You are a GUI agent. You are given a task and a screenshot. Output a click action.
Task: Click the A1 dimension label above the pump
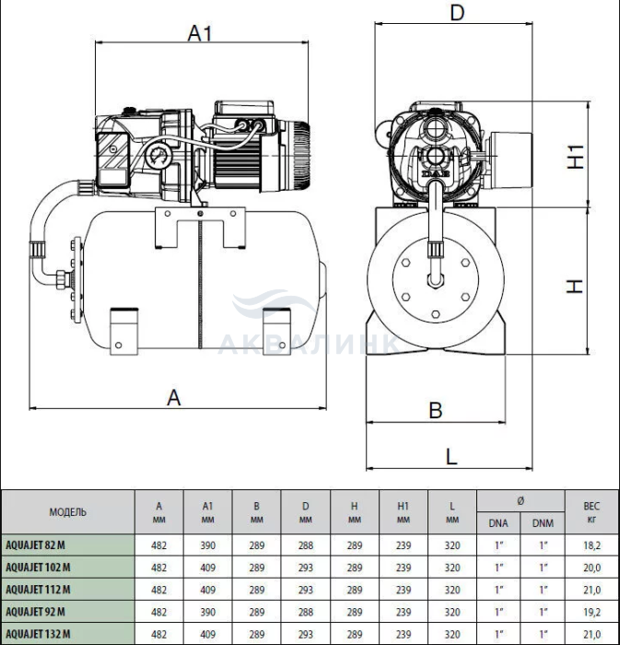point(200,33)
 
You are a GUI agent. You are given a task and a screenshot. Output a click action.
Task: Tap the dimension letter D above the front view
point(455,13)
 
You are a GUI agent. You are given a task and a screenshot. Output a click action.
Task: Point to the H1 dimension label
point(576,158)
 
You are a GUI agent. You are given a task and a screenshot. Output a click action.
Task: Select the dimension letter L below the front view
point(451,455)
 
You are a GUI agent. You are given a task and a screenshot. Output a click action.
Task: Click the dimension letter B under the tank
point(437,410)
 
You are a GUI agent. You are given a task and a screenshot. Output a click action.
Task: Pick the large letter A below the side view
point(173,397)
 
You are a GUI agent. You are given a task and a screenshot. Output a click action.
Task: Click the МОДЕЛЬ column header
point(68,511)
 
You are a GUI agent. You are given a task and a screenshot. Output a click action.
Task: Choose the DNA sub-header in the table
point(497,523)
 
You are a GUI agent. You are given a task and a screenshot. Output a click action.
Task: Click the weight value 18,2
point(591,545)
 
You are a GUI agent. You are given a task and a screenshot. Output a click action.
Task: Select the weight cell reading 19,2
point(591,611)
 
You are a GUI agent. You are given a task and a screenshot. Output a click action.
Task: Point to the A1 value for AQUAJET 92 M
point(208,611)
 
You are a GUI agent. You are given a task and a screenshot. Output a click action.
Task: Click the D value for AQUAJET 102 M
point(306,567)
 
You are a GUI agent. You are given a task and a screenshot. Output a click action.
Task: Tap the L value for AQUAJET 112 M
point(451,589)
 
